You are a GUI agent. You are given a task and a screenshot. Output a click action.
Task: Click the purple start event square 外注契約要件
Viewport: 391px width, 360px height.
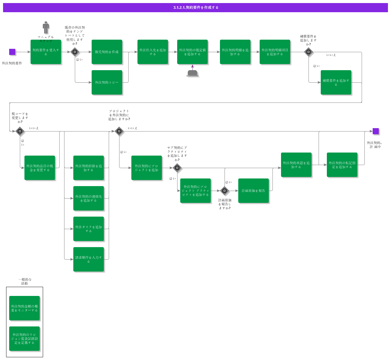point(12,52)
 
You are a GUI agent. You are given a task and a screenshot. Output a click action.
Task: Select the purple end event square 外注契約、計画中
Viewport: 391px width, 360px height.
point(376,131)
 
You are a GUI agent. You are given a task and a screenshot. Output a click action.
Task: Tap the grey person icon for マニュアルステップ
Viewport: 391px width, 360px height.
point(46,27)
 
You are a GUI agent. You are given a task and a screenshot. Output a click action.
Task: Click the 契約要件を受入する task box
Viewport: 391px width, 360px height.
point(46,52)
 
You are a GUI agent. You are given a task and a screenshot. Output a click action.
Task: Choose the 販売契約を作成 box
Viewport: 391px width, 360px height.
point(107,52)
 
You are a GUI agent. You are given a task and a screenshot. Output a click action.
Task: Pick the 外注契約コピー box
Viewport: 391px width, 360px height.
point(107,82)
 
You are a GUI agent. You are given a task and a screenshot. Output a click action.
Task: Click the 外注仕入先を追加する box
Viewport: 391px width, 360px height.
point(153,52)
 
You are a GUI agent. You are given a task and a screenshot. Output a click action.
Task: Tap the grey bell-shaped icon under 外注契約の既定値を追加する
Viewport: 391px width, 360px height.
point(192,73)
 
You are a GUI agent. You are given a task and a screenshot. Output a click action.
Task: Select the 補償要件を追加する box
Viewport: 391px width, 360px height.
point(336,82)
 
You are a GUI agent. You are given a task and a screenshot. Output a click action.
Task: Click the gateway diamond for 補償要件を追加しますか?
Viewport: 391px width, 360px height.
point(309,52)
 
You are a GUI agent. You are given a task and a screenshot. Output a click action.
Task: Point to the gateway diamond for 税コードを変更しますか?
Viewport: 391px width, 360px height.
point(20,131)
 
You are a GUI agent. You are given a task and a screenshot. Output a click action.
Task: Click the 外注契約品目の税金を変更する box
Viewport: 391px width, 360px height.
point(40,168)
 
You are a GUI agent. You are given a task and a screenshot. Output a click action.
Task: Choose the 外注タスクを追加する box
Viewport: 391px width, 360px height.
point(89,229)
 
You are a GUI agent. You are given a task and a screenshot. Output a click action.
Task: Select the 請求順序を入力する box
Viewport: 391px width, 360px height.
point(89,259)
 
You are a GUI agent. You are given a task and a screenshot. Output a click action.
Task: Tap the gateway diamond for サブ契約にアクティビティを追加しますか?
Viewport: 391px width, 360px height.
point(177,168)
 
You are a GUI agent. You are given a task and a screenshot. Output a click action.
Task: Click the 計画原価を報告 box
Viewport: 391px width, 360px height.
point(254,191)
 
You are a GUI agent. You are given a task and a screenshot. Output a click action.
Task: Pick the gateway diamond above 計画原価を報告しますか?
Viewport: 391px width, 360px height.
point(225,191)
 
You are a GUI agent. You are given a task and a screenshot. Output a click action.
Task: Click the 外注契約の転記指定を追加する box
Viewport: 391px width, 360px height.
point(342,165)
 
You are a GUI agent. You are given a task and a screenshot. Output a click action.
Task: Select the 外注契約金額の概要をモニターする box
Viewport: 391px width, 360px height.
point(24,308)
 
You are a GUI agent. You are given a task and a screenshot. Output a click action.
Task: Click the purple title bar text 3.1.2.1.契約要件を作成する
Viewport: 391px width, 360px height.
point(195,8)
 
